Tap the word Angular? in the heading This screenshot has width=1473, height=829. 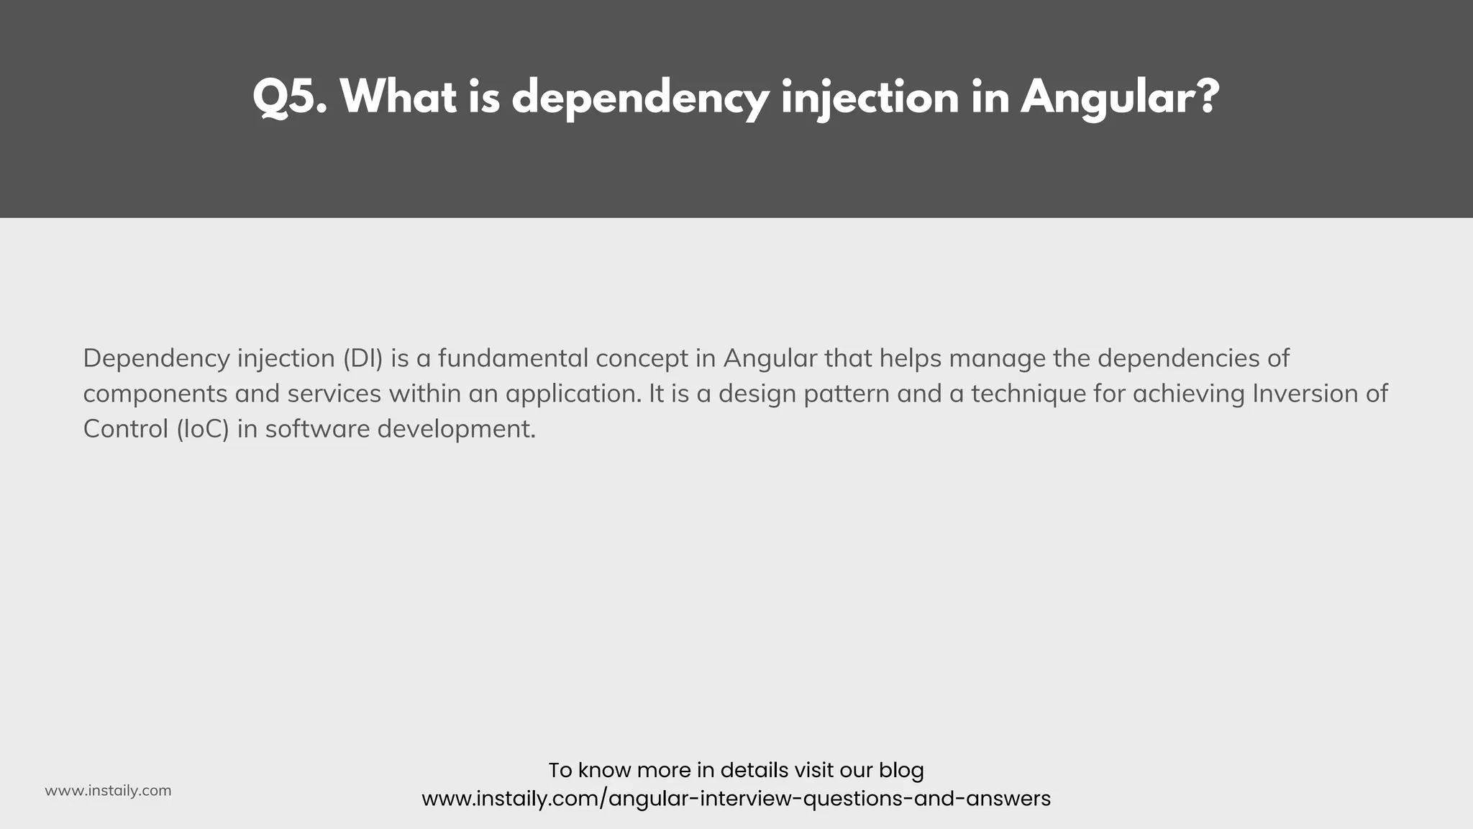pos(1120,97)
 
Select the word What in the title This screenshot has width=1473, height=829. pos(398,97)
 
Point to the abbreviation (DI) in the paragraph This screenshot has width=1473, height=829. pos(363,358)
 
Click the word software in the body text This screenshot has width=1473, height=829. pos(317,429)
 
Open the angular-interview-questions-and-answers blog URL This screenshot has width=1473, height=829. pos(736,799)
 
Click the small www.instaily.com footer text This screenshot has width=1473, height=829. pos(108,791)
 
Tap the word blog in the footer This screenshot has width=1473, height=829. pos(901,771)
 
